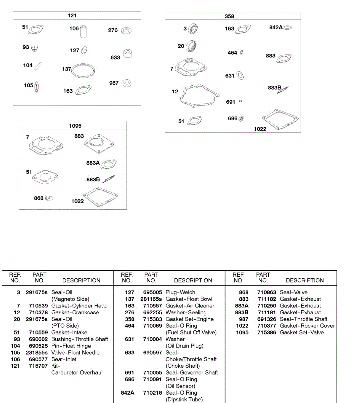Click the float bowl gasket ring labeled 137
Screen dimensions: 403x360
click(83, 71)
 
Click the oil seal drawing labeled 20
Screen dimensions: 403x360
click(191, 46)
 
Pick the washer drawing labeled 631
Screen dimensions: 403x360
click(240, 75)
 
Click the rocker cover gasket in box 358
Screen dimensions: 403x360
click(280, 119)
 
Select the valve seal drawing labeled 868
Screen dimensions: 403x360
click(49, 198)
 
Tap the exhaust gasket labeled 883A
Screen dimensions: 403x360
click(109, 164)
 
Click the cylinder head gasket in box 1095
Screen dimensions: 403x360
click(46, 145)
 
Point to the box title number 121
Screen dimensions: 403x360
click(72, 15)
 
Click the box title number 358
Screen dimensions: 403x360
click(229, 16)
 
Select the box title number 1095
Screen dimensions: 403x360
click(75, 126)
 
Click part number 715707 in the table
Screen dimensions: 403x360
click(38, 366)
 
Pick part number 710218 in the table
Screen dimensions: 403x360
click(152, 393)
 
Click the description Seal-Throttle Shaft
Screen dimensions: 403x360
click(303, 319)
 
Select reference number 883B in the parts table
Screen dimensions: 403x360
click(242, 312)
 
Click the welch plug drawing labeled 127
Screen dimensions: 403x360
click(84, 50)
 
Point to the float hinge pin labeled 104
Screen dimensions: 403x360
click(39, 65)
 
